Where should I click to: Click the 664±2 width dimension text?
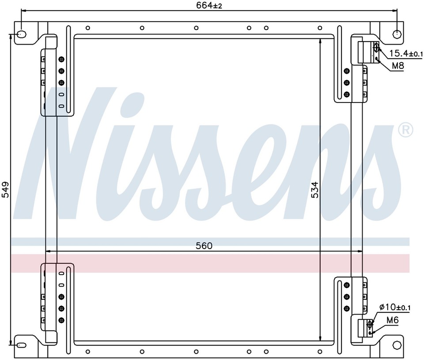209,5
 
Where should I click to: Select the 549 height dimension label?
5,189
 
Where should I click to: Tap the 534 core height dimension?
314,190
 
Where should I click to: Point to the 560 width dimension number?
204,246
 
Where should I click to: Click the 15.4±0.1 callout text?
405,53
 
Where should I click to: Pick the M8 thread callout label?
397,65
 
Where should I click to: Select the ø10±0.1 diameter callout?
395,307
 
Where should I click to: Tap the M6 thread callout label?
392,320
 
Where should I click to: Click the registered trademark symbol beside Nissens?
405,130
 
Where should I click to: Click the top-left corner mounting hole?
21,34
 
